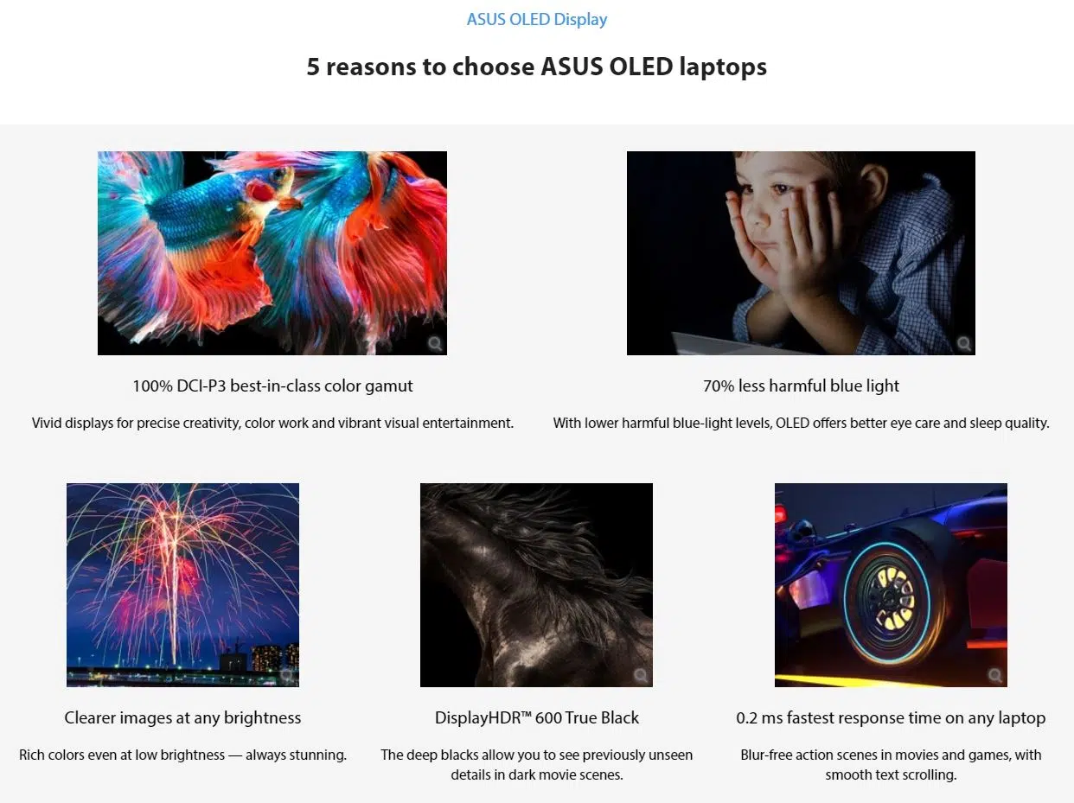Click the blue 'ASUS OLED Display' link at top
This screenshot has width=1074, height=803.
coord(537,20)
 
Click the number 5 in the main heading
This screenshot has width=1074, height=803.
coord(313,67)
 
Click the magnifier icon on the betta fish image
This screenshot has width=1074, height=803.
coord(434,343)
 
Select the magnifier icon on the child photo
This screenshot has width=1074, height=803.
coord(963,343)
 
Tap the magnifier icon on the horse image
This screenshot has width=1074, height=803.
coord(641,675)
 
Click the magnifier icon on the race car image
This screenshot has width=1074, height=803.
coord(994,675)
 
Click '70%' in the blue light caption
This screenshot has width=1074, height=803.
coord(719,386)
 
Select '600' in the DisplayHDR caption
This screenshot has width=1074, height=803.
coord(548,717)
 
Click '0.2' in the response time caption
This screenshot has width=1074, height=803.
coord(746,718)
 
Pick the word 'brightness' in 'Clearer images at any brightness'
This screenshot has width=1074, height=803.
coord(262,718)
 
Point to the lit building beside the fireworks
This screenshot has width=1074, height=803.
coord(267,657)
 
